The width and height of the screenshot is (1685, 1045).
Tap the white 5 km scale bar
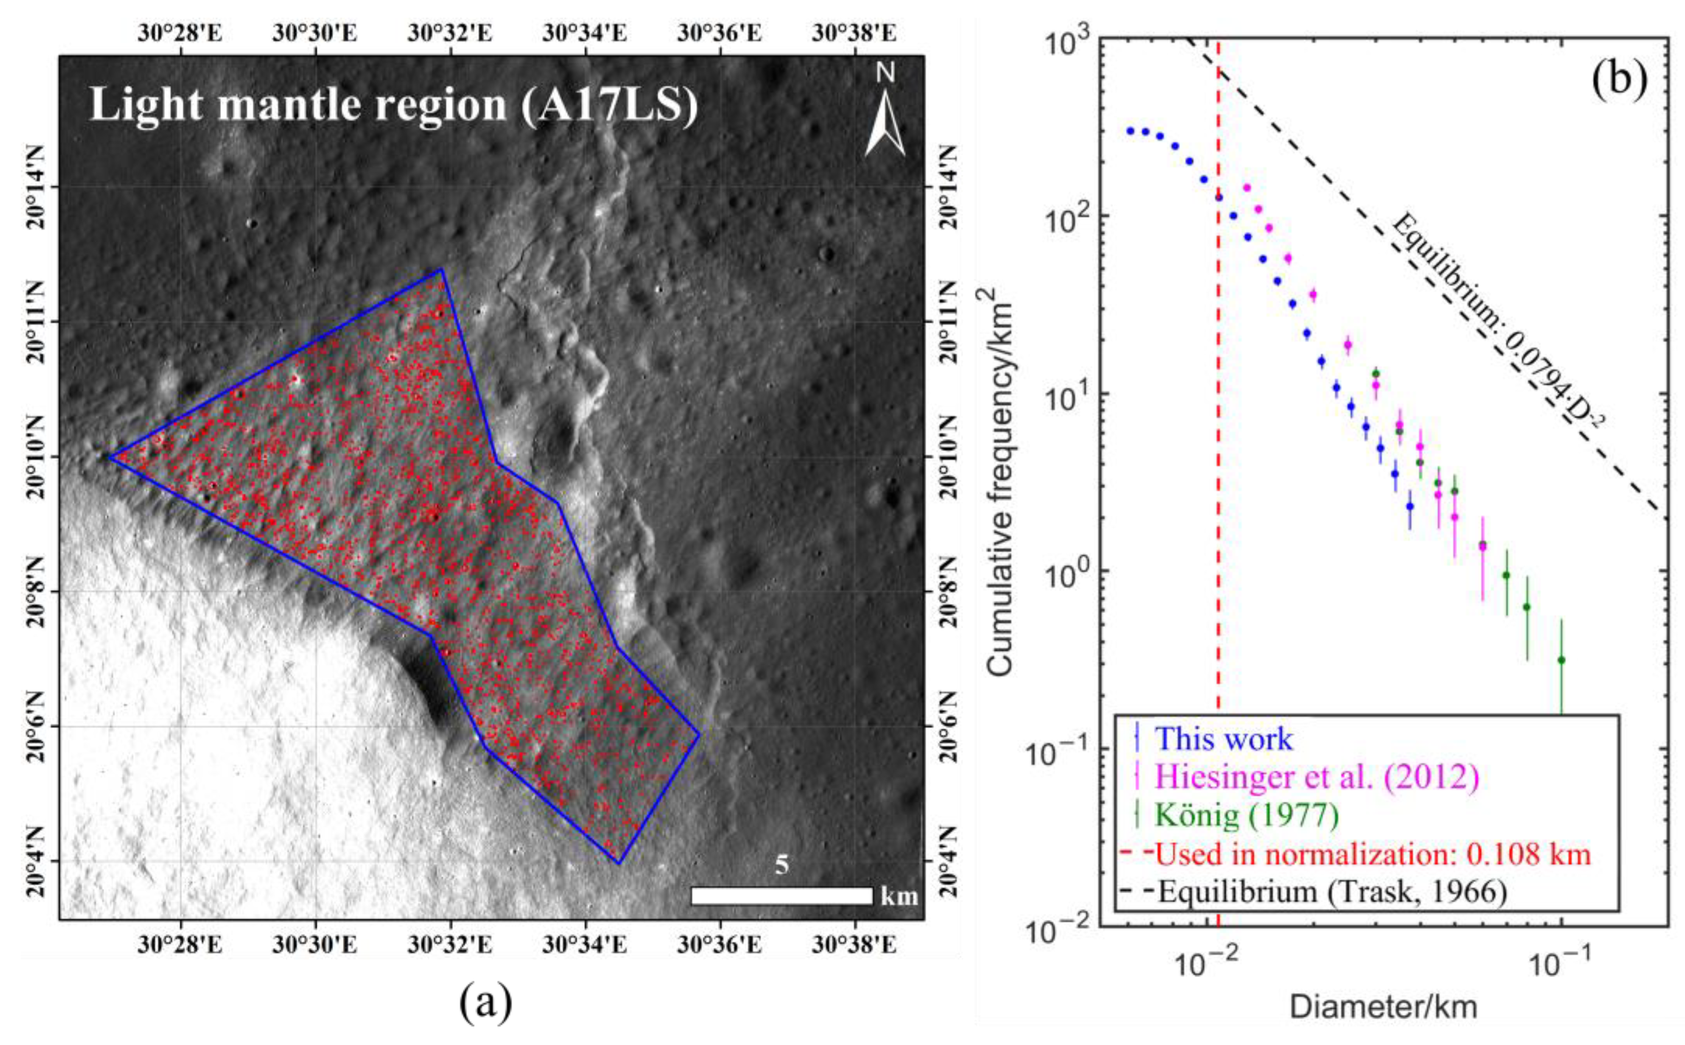(782, 896)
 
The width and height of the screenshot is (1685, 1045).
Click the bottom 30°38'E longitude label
(854, 944)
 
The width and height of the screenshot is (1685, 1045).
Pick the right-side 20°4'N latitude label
(950, 861)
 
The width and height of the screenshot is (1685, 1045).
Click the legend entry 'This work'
(1223, 739)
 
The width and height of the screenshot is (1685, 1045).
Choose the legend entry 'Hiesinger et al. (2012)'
(1317, 777)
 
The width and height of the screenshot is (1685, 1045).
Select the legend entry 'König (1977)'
(1248, 816)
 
